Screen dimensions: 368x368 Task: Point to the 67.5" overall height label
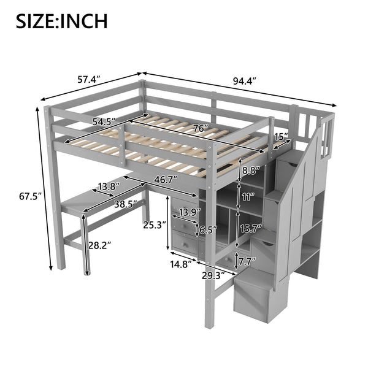[x=22, y=197]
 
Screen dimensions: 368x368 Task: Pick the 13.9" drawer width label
[x=188, y=212]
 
